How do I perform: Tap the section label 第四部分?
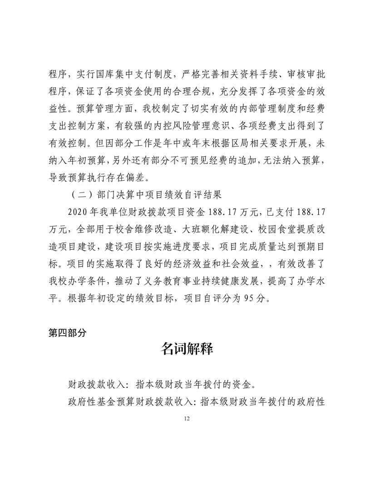coord(67,332)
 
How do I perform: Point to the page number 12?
coord(185,418)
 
